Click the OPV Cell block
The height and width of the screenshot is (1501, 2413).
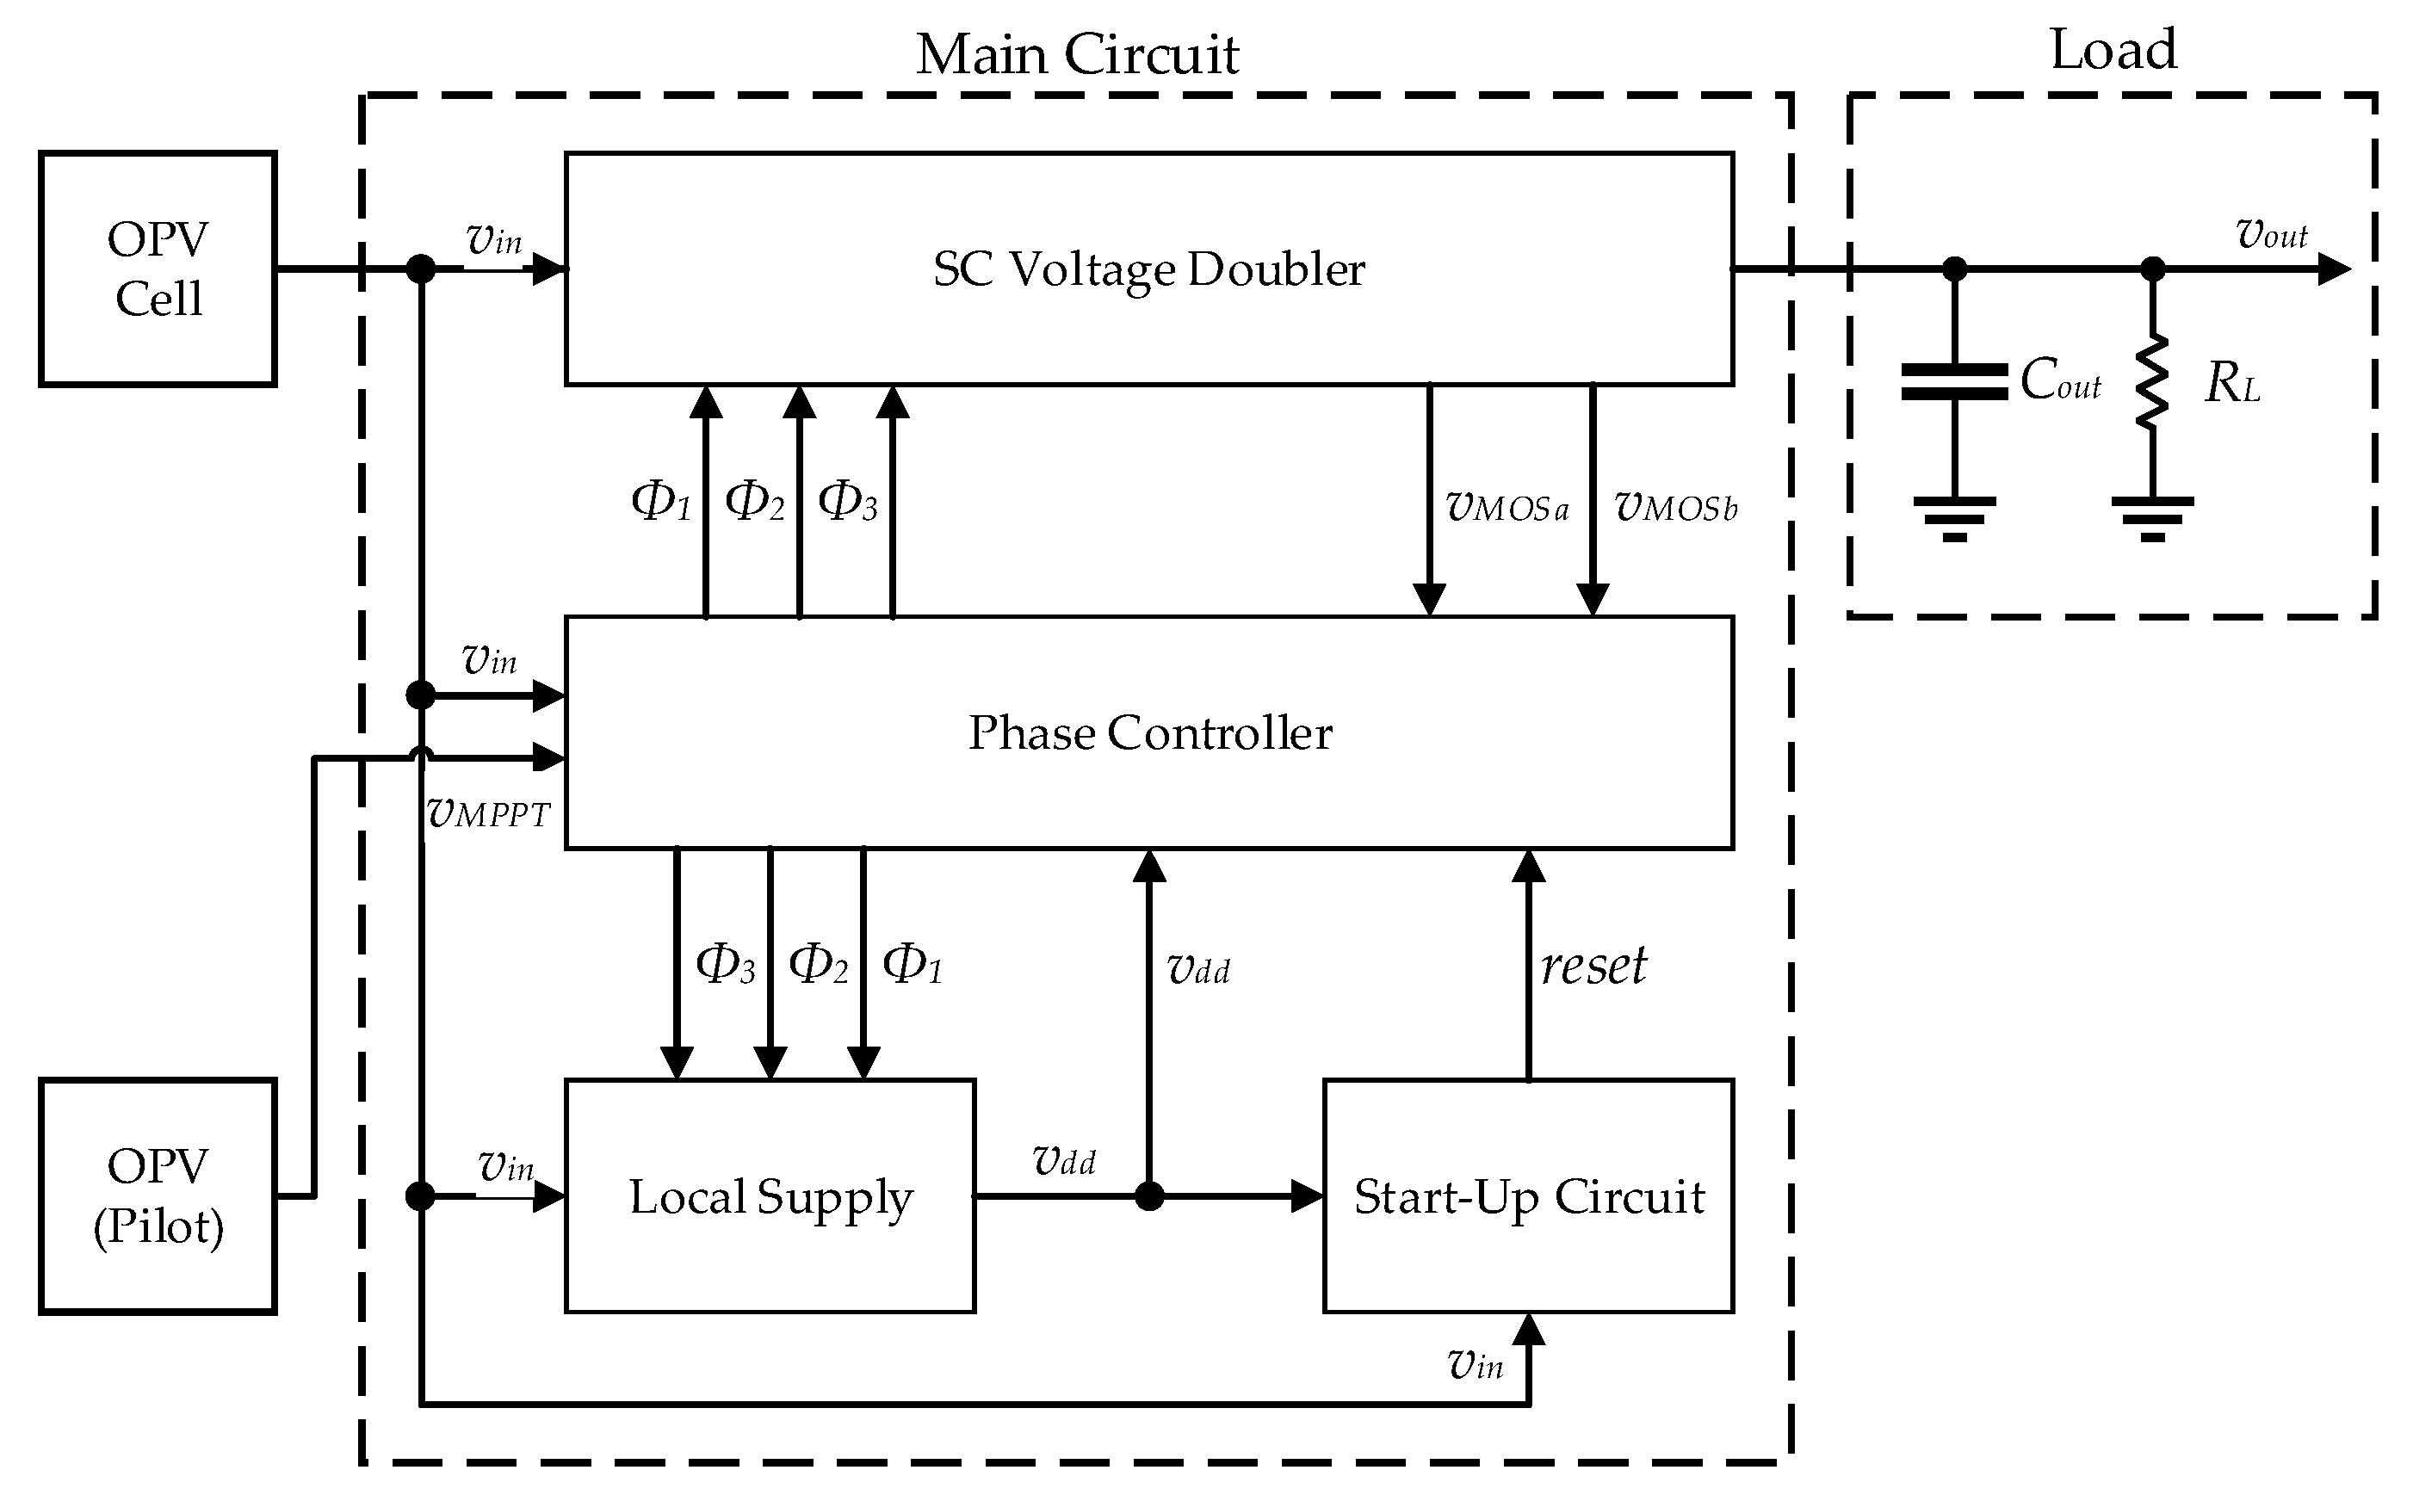point(157,268)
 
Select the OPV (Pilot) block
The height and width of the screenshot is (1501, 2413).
point(157,1195)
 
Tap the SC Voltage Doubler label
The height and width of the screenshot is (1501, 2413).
point(1149,269)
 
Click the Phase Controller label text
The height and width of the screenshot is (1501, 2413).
point(1149,732)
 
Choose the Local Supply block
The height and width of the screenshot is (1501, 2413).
point(770,1196)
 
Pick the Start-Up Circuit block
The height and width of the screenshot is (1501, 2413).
point(1528,1196)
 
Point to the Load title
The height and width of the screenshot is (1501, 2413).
point(2113,49)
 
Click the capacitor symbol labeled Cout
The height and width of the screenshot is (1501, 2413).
point(1953,381)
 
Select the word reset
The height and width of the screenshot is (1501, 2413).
point(1593,965)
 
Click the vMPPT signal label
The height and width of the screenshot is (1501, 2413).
point(487,813)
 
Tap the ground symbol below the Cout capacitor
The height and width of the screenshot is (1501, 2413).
point(1953,517)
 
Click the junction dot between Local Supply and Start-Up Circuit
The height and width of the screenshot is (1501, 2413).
point(1149,1196)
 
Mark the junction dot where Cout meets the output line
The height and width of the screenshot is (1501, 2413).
point(1953,268)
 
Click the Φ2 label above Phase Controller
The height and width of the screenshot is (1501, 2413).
point(755,500)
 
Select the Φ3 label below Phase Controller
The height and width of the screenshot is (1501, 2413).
point(725,964)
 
